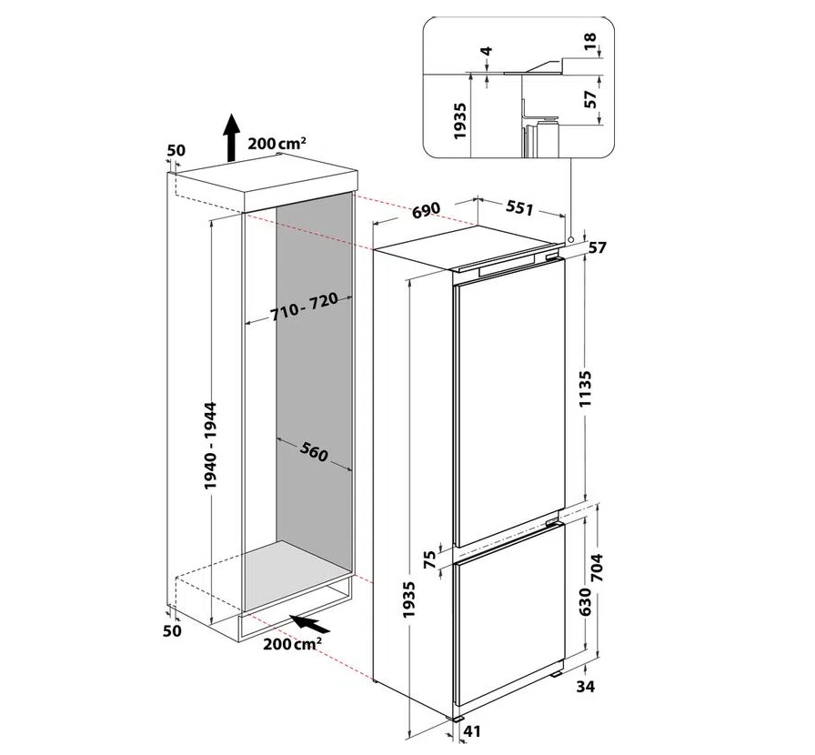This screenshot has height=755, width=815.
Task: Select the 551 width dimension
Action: tap(519, 208)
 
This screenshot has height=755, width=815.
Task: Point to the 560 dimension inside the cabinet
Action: tap(314, 452)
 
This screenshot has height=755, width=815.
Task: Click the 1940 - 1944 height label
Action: tap(210, 445)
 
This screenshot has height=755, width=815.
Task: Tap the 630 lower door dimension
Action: tap(585, 601)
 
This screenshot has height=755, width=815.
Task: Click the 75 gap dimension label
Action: tap(429, 561)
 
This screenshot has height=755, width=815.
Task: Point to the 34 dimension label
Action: tap(585, 687)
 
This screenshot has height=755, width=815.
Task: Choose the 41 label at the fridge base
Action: tap(471, 731)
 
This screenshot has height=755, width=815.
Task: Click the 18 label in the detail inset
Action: tap(590, 41)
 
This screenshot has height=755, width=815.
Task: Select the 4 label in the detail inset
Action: tap(487, 52)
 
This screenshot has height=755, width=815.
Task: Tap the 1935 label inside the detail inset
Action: tap(460, 121)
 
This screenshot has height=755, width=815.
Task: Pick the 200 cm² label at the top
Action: tap(277, 143)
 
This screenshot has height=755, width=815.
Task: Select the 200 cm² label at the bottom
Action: tap(292, 644)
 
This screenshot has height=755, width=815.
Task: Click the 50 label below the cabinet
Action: tap(173, 630)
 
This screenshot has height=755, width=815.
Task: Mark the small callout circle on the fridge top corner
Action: tap(571, 240)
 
